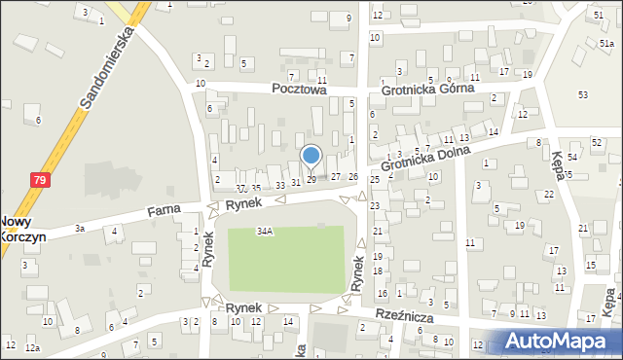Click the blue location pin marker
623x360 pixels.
coord(311,156)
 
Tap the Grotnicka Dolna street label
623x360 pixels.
coord(424,159)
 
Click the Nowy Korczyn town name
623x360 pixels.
coord(18,230)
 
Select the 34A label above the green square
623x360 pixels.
coord(264,232)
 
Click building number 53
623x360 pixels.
coord(583,94)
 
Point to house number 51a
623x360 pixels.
coord(605,44)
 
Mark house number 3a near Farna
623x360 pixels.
coord(81,229)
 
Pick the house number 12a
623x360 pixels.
coord(34,347)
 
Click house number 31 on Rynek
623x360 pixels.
coord(296,183)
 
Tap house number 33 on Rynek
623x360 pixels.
coord(280,185)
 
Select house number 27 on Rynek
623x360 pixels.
coord(336,176)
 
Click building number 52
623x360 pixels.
coord(596,143)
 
